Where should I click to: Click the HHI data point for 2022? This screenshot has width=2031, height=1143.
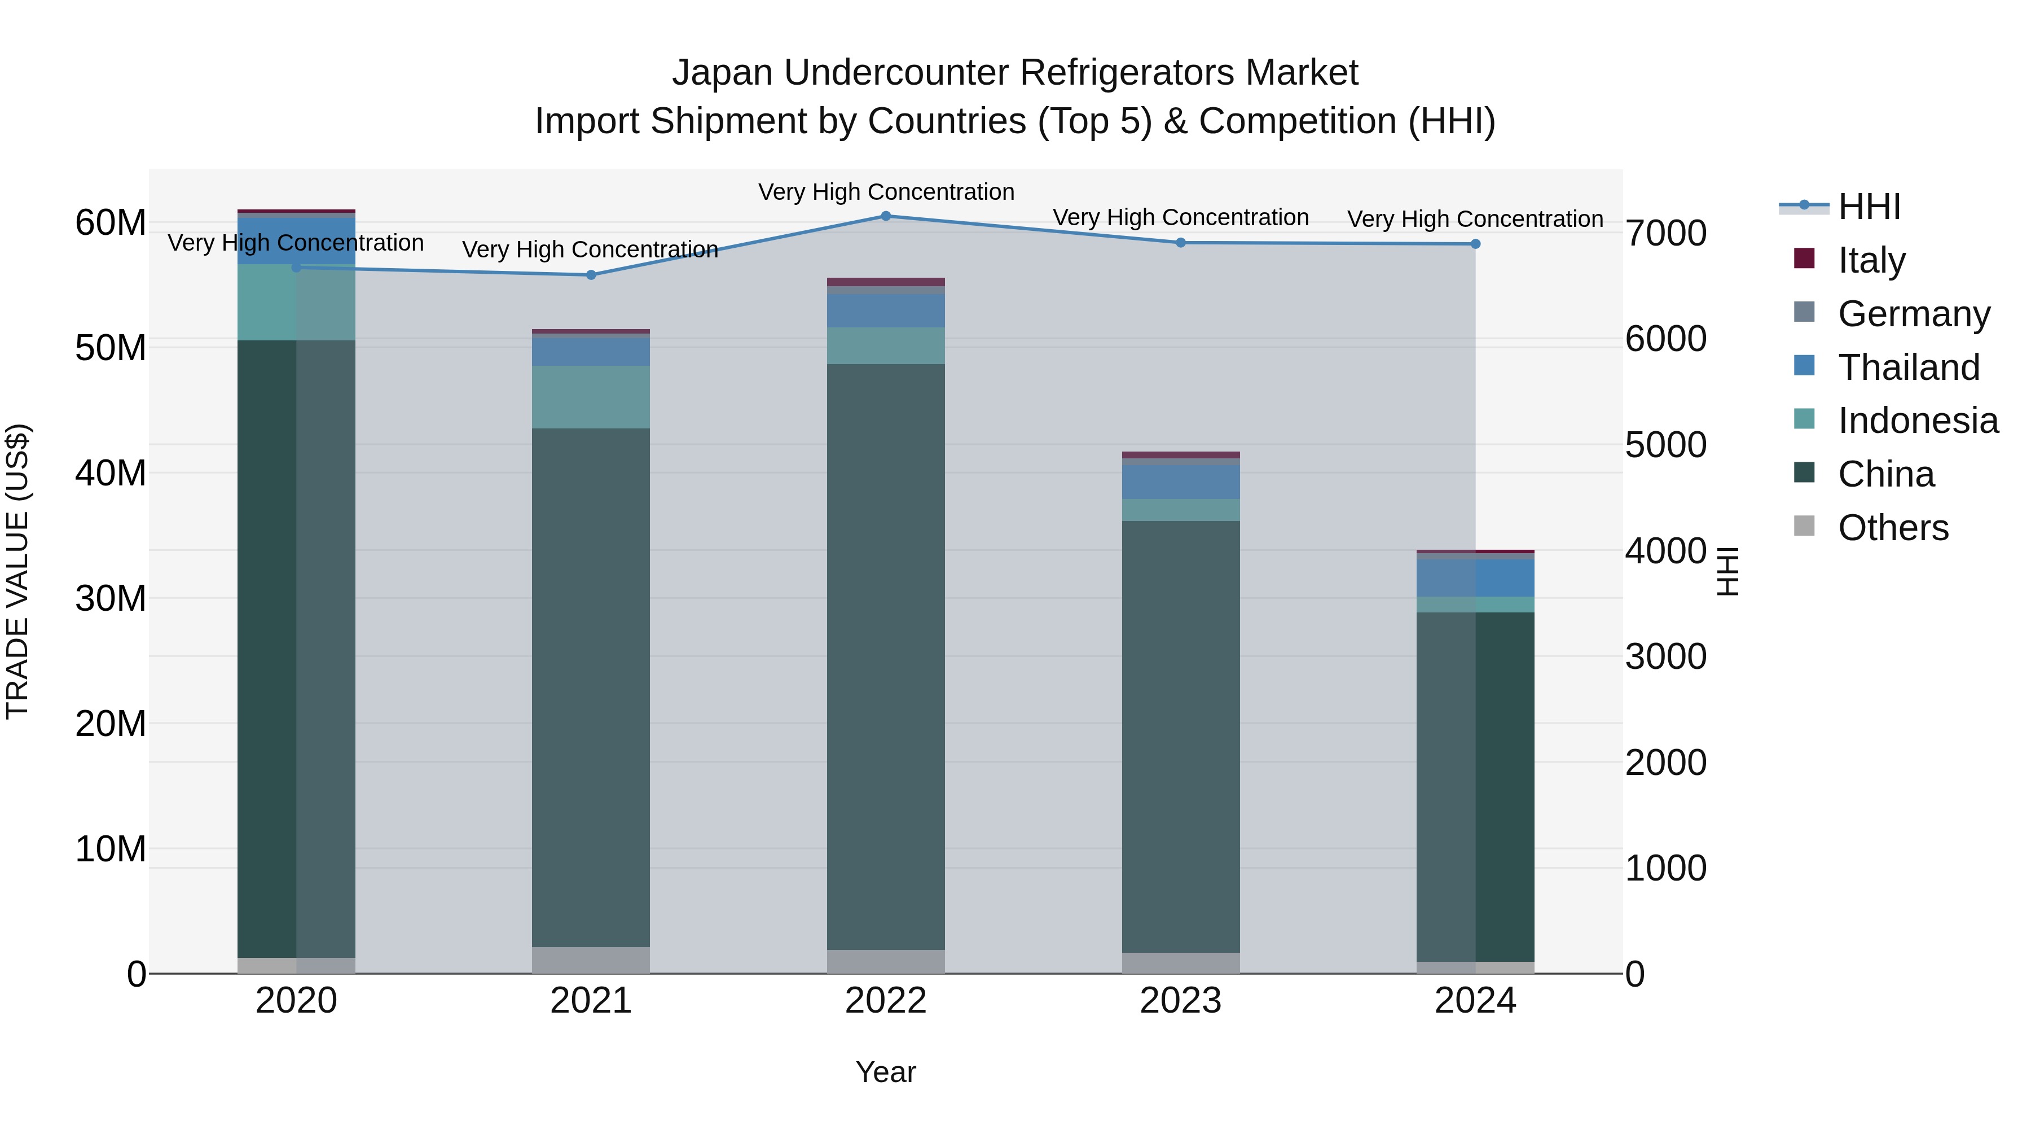tap(885, 216)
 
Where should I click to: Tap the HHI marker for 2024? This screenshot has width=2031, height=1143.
tap(1475, 244)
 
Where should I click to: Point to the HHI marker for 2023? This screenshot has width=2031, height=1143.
tap(1180, 243)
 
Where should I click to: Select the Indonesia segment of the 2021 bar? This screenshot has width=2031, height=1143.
tap(591, 397)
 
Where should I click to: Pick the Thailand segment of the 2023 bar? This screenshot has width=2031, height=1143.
tap(1180, 482)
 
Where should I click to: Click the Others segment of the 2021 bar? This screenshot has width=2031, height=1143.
tap(591, 960)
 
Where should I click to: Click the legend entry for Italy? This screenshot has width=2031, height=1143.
tap(1871, 260)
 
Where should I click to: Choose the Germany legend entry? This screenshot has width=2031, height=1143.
tap(1914, 314)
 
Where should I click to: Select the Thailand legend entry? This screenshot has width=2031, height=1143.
tap(1908, 367)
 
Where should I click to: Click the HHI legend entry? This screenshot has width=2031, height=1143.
tap(1869, 207)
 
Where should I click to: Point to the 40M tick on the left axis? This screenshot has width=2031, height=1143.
tap(111, 474)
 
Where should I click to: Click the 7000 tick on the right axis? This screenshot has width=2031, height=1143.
tap(1666, 234)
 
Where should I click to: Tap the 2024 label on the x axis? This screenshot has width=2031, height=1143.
tap(1475, 1001)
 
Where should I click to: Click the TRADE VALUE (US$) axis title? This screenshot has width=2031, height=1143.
tap(17, 571)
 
